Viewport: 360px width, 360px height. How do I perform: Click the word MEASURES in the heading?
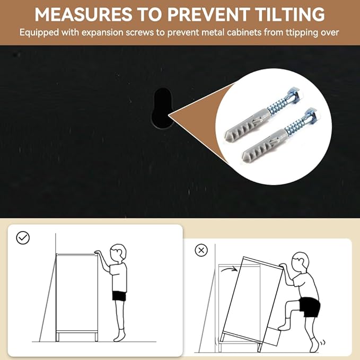pyautogui.click(x=83, y=14)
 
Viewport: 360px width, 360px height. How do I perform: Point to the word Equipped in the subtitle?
pyautogui.click(x=39, y=33)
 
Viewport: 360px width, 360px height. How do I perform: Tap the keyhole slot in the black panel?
pyautogui.click(x=163, y=108)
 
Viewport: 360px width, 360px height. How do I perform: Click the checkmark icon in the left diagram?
pyautogui.click(x=23, y=238)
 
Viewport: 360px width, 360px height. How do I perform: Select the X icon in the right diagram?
pyautogui.click(x=201, y=250)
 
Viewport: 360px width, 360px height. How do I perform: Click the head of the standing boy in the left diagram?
pyautogui.click(x=118, y=252)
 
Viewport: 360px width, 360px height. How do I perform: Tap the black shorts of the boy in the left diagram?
pyautogui.click(x=119, y=296)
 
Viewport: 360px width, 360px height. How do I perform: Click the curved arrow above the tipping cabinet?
pyautogui.click(x=229, y=269)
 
